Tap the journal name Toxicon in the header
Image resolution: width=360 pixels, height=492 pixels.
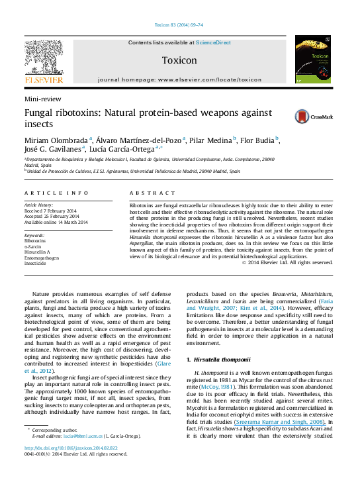179,60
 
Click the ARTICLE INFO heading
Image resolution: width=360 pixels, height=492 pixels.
52,192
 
